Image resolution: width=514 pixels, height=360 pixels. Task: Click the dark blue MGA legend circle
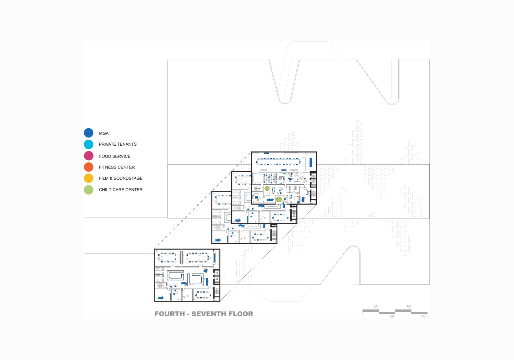pyautogui.click(x=89, y=133)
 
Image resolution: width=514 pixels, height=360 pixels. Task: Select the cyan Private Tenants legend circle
pyautogui.click(x=89, y=144)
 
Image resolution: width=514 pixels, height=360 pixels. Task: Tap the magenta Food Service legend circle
pyautogui.click(x=89, y=156)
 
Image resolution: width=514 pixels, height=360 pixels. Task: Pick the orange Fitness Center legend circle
pyautogui.click(x=89, y=167)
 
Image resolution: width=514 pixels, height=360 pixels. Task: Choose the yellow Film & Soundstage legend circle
pyautogui.click(x=89, y=178)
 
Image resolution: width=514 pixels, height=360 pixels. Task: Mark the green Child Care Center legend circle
pyautogui.click(x=89, y=190)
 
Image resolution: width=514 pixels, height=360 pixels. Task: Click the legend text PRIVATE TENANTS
pyautogui.click(x=117, y=144)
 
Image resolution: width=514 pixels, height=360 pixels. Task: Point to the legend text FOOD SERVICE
pyautogui.click(x=115, y=156)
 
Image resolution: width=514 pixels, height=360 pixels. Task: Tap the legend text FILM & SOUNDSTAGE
pyautogui.click(x=121, y=178)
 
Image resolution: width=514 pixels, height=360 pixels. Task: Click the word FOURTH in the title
pyautogui.click(x=170, y=314)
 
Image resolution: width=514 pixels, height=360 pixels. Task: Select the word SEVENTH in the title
pyautogui.click(x=212, y=314)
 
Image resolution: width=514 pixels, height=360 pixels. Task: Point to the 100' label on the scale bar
pyautogui.click(x=423, y=316)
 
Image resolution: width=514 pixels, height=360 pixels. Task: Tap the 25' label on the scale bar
pyautogui.click(x=376, y=307)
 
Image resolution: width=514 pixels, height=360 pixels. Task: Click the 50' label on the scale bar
pyautogui.click(x=392, y=316)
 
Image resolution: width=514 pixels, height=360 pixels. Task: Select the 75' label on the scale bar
pyautogui.click(x=408, y=307)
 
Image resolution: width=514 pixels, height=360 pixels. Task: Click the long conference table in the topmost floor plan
pyautogui.click(x=278, y=161)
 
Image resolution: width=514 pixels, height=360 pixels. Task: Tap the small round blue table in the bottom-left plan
pyautogui.click(x=206, y=271)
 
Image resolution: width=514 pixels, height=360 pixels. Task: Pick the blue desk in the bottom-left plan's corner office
pyautogui.click(x=162, y=297)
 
